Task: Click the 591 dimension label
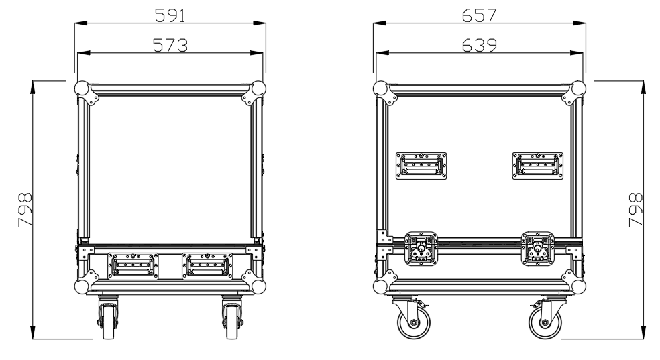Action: tap(170, 15)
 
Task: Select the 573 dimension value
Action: tap(170, 45)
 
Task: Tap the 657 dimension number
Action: tap(479, 15)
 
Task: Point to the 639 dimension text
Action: tap(479, 45)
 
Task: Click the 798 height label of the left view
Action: tap(25, 209)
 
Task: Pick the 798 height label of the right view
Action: tap(636, 209)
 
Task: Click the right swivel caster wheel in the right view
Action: tap(545, 323)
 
